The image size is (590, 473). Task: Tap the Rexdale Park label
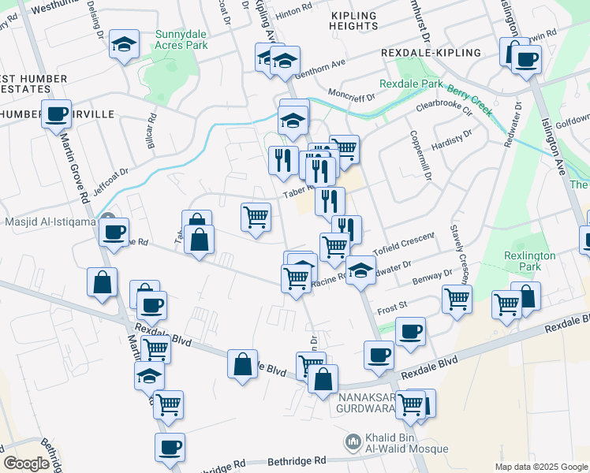coord(411,84)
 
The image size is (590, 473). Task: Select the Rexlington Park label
coord(530,261)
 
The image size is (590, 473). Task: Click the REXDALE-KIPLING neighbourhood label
coord(430,52)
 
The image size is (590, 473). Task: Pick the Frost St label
coord(391,304)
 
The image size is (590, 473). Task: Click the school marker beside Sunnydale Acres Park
coord(124,44)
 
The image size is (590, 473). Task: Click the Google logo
coord(26,464)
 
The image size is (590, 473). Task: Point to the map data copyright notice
coord(540,467)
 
